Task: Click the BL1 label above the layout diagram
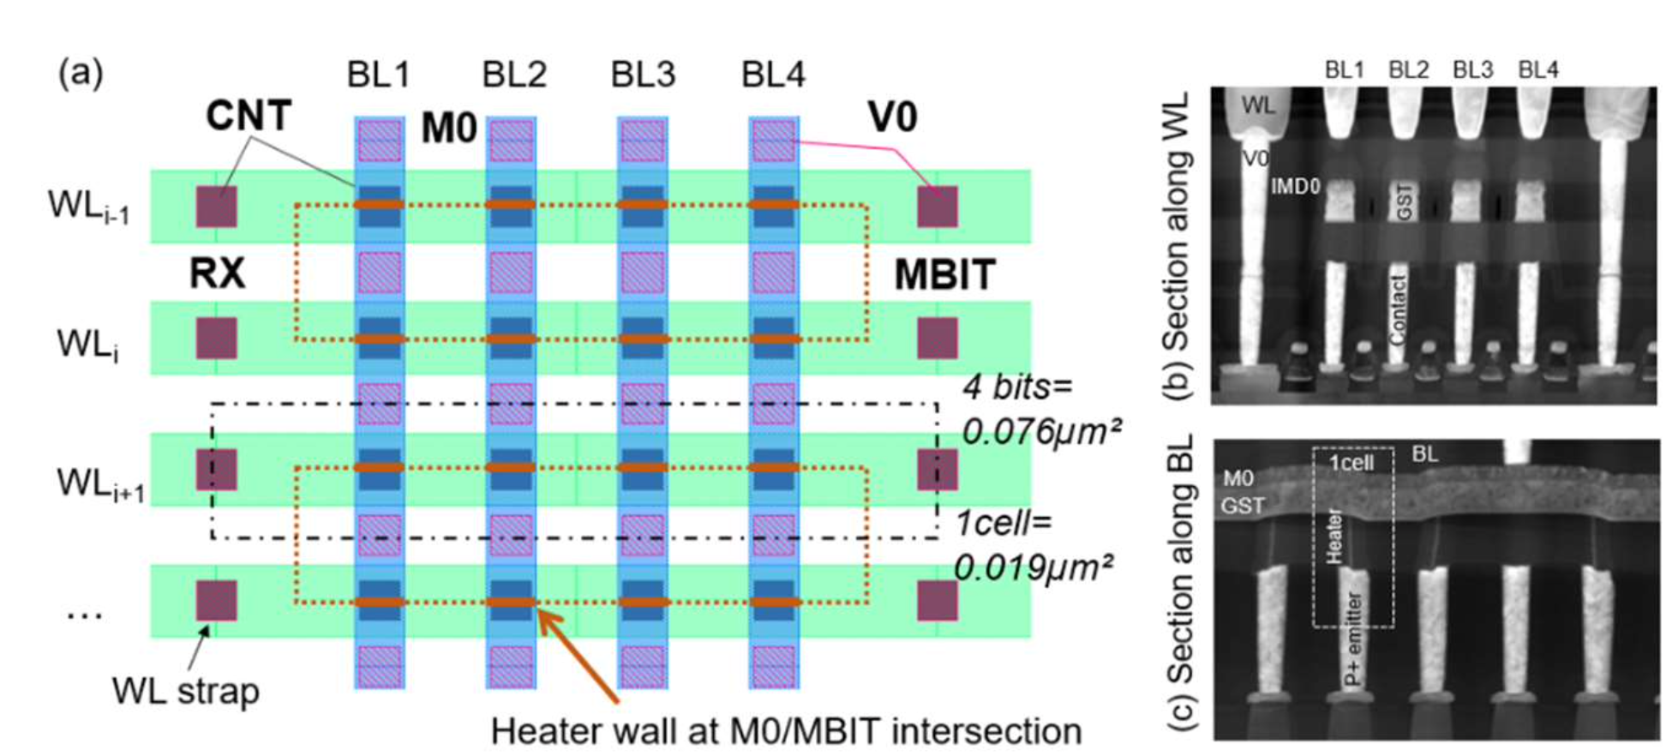pos(378,75)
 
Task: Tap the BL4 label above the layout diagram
pos(773,75)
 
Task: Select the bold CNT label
pos(249,116)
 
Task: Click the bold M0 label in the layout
pos(448,129)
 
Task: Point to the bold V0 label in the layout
pos(893,117)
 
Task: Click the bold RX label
pos(217,274)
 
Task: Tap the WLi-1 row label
pos(88,207)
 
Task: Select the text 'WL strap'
pos(185,692)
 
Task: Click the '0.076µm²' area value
pos(1041,431)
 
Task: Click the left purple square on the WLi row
pos(217,339)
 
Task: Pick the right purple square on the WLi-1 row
pos(938,207)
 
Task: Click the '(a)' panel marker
pos(81,73)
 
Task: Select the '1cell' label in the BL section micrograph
pos(1351,464)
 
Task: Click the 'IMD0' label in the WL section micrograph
pos(1295,187)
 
